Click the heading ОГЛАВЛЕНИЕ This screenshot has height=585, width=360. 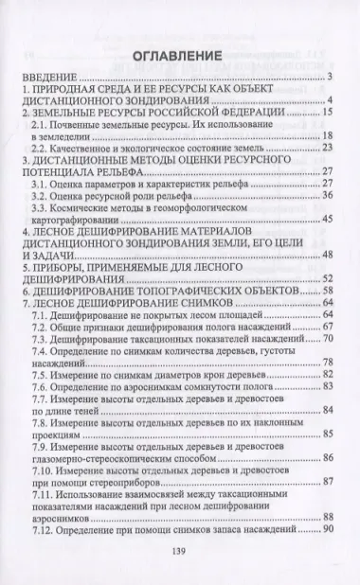tap(179, 55)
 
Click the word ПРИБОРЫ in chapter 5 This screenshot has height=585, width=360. tap(67, 270)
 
